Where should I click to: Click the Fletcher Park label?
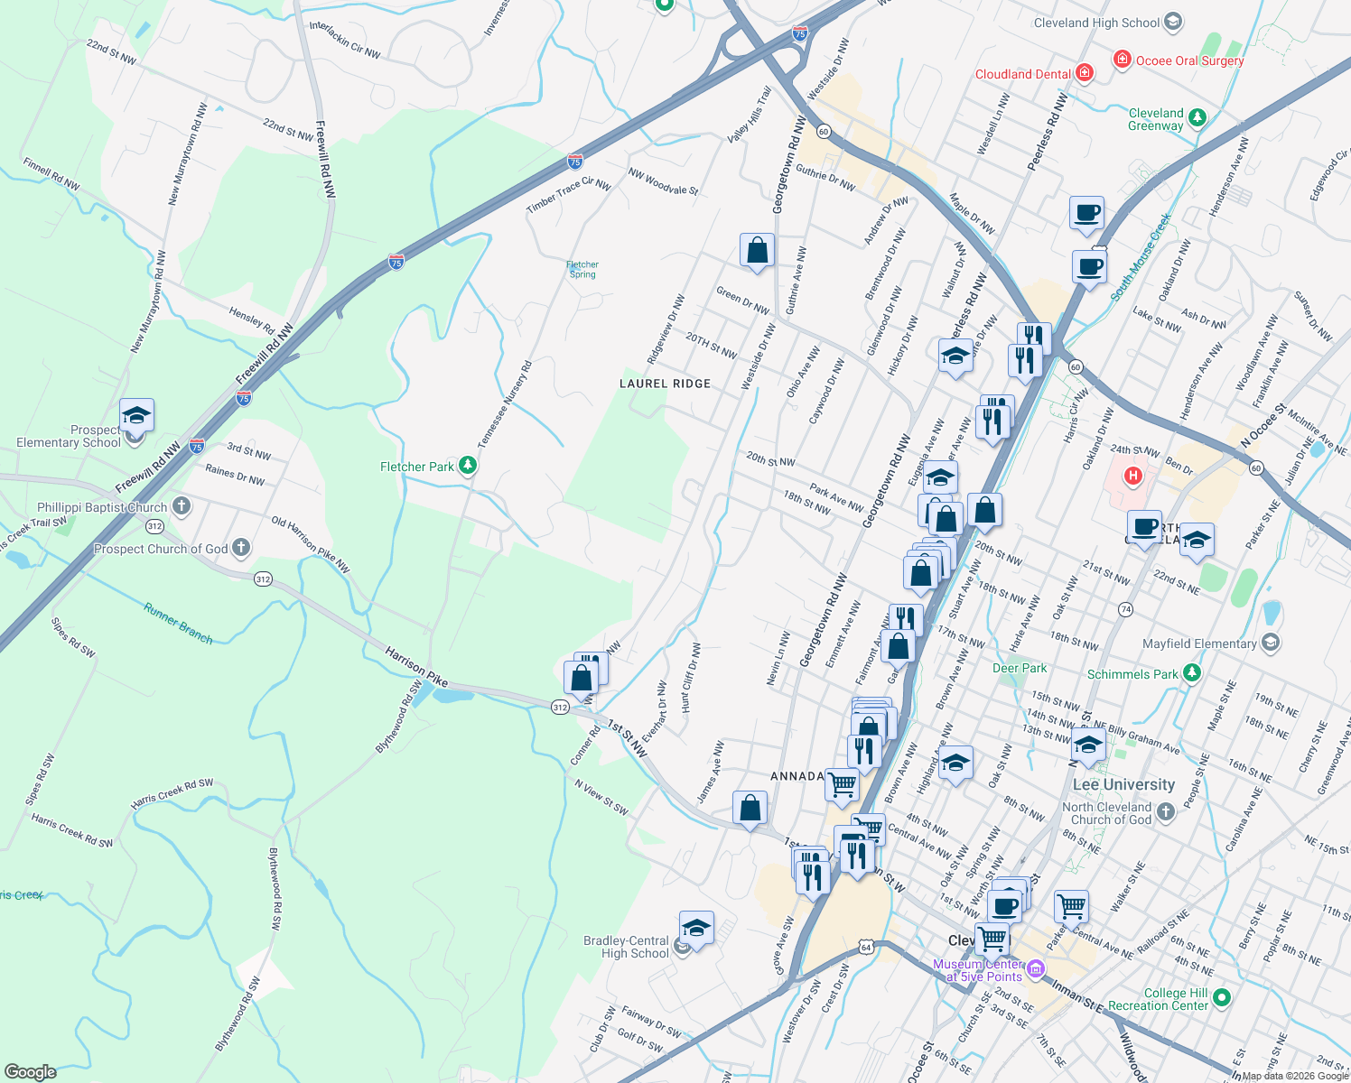click(x=417, y=467)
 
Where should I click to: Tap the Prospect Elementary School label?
click(x=69, y=437)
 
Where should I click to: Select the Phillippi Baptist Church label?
click(x=102, y=507)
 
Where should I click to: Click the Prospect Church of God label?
click(x=161, y=549)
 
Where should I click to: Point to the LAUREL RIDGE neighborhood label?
click(x=666, y=384)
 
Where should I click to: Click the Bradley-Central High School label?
click(x=626, y=947)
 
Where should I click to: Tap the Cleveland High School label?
click(x=1096, y=23)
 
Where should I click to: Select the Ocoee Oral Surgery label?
click(x=1189, y=60)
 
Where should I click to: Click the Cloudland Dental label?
click(x=1023, y=74)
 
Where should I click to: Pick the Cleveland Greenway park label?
click(x=1156, y=119)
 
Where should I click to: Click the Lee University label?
click(x=1123, y=784)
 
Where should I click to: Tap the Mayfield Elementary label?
click(x=1199, y=643)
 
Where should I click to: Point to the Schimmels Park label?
click(x=1132, y=674)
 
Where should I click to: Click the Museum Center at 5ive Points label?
click(x=978, y=970)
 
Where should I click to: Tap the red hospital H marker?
click(x=1132, y=476)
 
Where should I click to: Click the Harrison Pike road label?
click(x=416, y=666)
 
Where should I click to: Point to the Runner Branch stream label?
click(x=178, y=624)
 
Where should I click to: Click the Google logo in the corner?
click(x=31, y=1071)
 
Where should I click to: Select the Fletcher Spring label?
click(x=582, y=269)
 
